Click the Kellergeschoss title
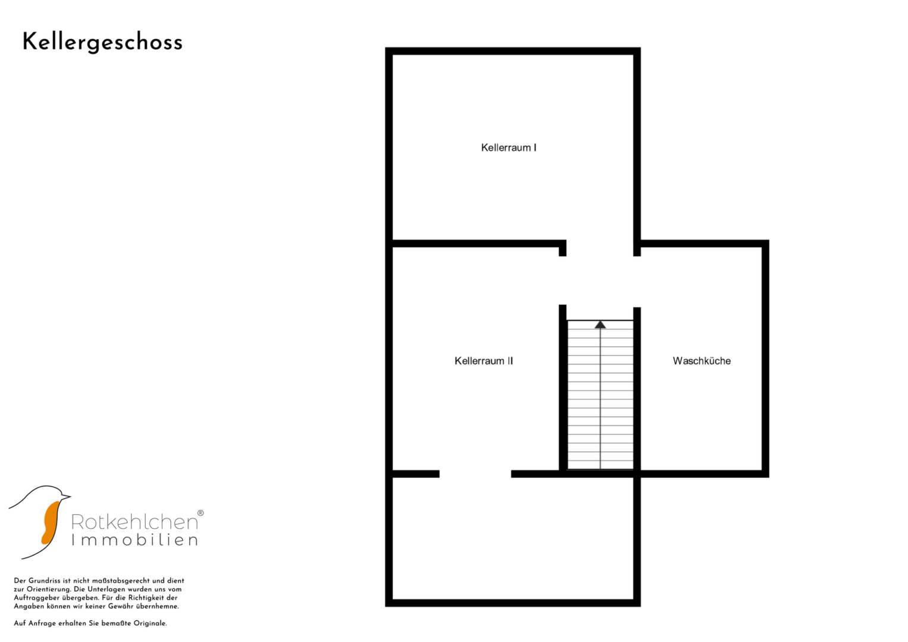click(x=102, y=43)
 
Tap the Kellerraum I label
click(x=509, y=147)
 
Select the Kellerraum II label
click(x=483, y=361)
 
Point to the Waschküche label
click(x=702, y=361)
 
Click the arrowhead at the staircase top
click(x=601, y=325)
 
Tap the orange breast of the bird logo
click(x=51, y=523)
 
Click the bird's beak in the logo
click(x=66, y=496)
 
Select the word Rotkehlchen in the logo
click(x=134, y=522)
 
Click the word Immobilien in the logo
click(x=134, y=540)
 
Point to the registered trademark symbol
click(x=200, y=513)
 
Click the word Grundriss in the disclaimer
click(x=44, y=581)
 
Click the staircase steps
click(x=601, y=395)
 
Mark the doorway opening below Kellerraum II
click(x=475, y=474)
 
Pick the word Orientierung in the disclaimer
click(x=49, y=589)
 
